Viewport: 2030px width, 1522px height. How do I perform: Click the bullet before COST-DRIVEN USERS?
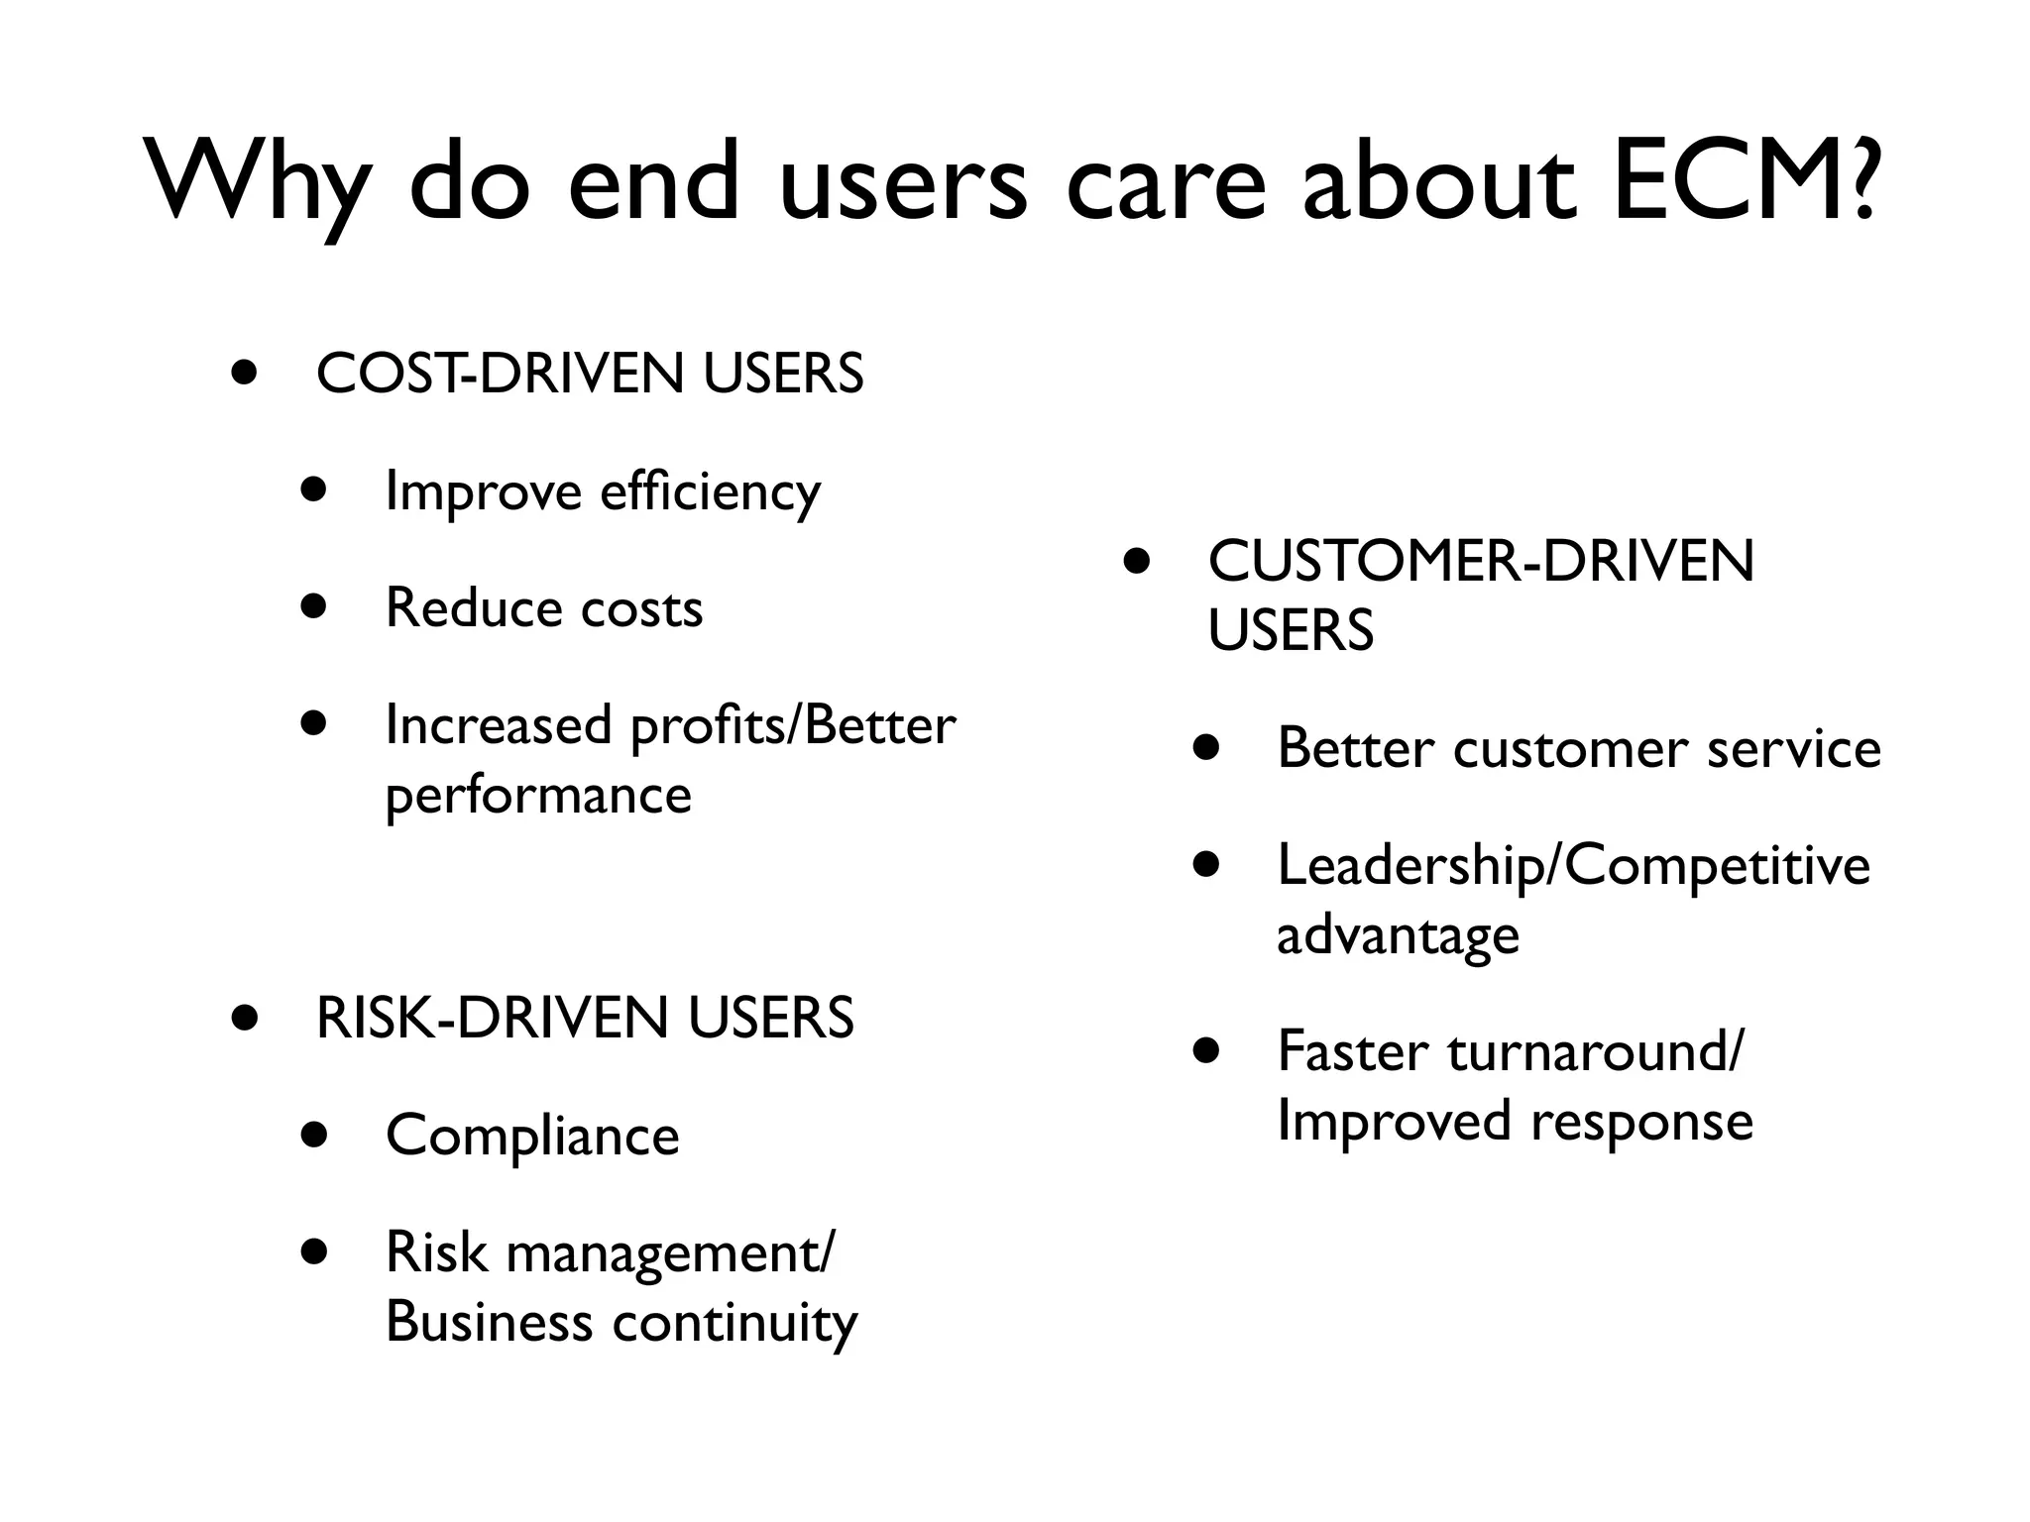[x=244, y=374]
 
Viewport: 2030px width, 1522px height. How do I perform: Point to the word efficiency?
[x=710, y=491]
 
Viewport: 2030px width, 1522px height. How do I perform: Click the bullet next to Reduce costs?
[x=314, y=605]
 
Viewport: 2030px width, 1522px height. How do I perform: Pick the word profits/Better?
[x=793, y=725]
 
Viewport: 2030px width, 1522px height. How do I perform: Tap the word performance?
[x=538, y=795]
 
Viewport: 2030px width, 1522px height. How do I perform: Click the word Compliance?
[x=532, y=1136]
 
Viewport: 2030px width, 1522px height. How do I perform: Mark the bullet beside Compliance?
[x=314, y=1134]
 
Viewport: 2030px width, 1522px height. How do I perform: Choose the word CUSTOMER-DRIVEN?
[x=1481, y=561]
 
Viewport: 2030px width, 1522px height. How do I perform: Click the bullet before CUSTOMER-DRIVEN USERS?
[x=1137, y=562]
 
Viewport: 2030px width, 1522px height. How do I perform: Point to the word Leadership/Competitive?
[x=1573, y=865]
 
